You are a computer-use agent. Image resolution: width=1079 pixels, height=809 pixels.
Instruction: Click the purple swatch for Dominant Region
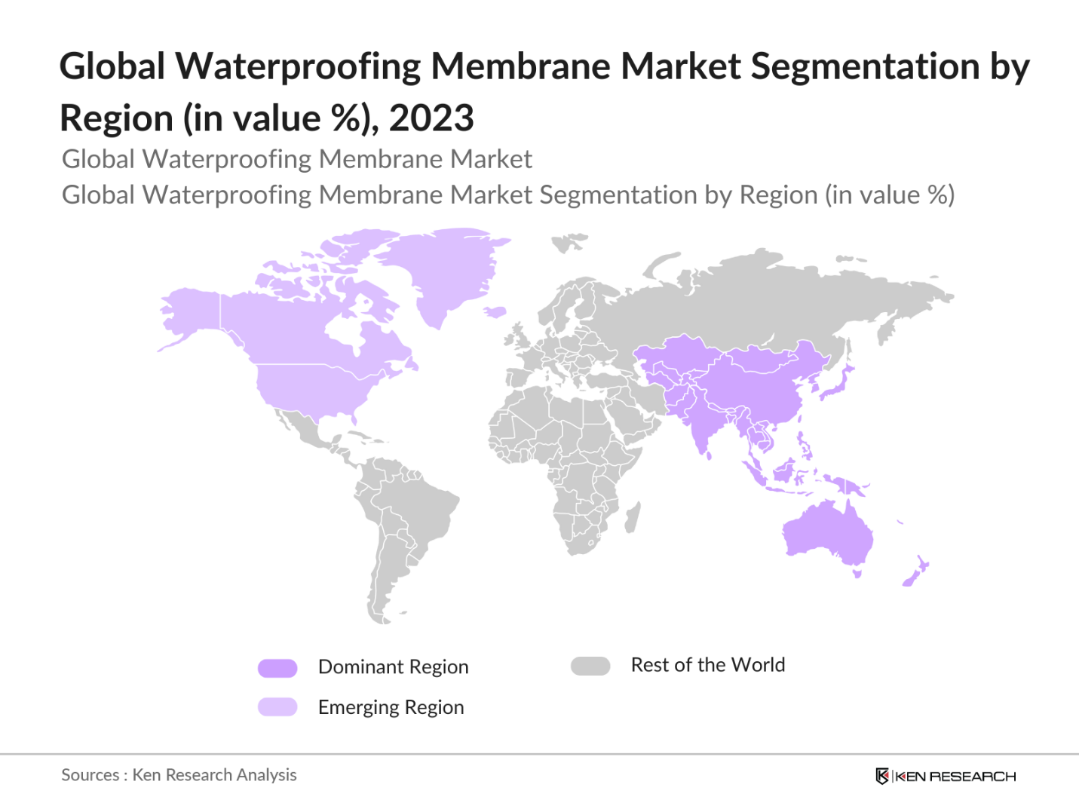[x=277, y=668]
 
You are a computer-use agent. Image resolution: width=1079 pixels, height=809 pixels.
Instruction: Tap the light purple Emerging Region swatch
[x=277, y=707]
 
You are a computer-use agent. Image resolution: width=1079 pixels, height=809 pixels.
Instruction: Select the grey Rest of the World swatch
[x=590, y=666]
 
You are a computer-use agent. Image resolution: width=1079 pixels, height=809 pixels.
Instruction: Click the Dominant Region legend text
[x=393, y=667]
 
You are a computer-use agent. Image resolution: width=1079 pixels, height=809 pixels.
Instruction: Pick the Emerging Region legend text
[x=391, y=707]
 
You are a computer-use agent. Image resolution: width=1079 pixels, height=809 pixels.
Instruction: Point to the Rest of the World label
[x=707, y=665]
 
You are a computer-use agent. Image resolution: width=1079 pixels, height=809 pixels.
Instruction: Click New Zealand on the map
[x=915, y=573]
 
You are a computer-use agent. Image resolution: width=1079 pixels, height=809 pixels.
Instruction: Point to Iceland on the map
[x=495, y=311]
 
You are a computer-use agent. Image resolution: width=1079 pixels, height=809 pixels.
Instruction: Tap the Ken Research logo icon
[x=881, y=776]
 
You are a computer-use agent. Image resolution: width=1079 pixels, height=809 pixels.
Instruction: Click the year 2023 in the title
[x=431, y=118]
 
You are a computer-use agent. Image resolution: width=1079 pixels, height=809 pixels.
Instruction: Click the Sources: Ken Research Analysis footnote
[x=179, y=775]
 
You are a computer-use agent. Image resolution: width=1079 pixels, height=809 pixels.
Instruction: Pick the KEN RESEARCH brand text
[x=955, y=777]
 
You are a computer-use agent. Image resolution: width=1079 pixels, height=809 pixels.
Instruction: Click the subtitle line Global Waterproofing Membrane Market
[x=296, y=159]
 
